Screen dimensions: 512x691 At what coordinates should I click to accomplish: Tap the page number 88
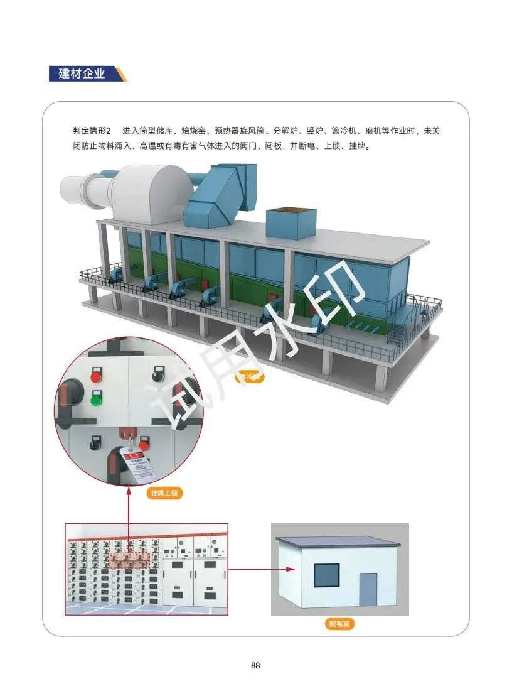click(x=255, y=665)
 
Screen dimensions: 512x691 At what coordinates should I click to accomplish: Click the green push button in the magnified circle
click(x=97, y=399)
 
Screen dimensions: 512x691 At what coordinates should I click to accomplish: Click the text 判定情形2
click(x=92, y=131)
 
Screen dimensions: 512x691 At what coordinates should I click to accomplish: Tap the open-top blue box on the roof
click(x=291, y=222)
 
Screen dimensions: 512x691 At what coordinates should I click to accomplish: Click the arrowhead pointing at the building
click(x=290, y=569)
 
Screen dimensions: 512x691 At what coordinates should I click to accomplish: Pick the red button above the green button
click(x=97, y=377)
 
